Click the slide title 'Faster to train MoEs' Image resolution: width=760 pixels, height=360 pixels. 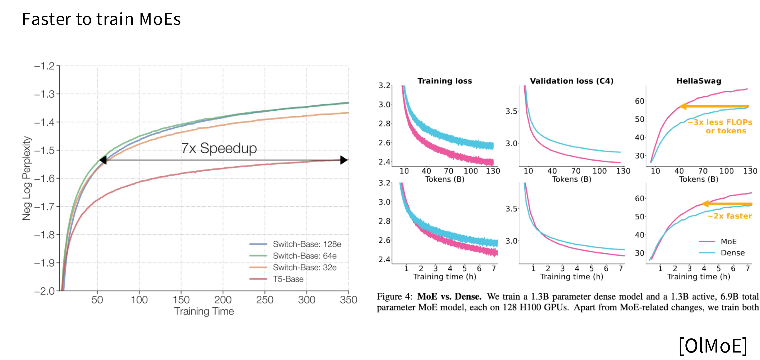click(101, 19)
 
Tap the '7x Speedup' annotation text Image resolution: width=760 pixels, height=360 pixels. click(219, 148)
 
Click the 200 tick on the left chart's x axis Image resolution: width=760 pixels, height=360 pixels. click(223, 300)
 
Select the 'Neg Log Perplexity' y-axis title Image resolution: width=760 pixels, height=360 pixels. click(27, 178)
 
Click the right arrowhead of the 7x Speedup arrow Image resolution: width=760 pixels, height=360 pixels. click(344, 160)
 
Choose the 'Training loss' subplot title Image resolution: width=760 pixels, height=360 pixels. click(445, 81)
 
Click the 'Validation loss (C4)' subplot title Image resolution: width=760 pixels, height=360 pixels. click(571, 81)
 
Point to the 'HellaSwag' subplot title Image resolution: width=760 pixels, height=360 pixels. click(699, 81)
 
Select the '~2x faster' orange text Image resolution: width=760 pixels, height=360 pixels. click(730, 216)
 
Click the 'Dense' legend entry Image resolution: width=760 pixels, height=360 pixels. click(732, 253)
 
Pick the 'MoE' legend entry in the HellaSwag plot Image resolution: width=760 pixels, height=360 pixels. click(729, 241)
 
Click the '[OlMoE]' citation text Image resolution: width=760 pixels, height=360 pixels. click(713, 345)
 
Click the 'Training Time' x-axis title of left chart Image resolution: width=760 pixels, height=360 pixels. click(204, 311)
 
